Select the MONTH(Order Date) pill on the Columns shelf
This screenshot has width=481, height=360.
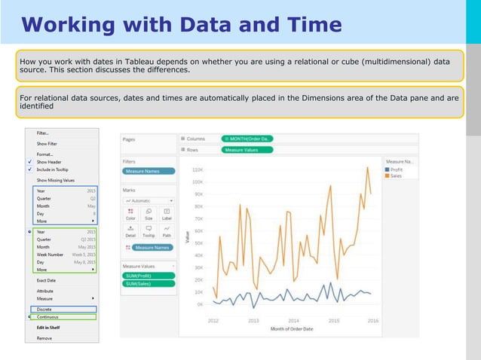[x=248, y=139]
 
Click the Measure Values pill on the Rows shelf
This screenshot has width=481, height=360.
[x=247, y=150]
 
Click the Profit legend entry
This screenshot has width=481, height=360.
[x=398, y=169]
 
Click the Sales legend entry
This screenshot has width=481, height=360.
[x=397, y=176]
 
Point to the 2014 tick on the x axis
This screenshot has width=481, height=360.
[x=293, y=320]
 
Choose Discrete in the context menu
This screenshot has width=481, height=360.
[x=44, y=308]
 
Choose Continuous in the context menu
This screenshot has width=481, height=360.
[x=47, y=316]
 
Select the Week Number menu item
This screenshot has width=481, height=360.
[x=50, y=254]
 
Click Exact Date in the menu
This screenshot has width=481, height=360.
[x=46, y=280]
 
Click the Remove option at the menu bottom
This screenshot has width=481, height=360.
[x=44, y=338]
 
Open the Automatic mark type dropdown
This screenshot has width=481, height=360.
[x=149, y=201]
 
